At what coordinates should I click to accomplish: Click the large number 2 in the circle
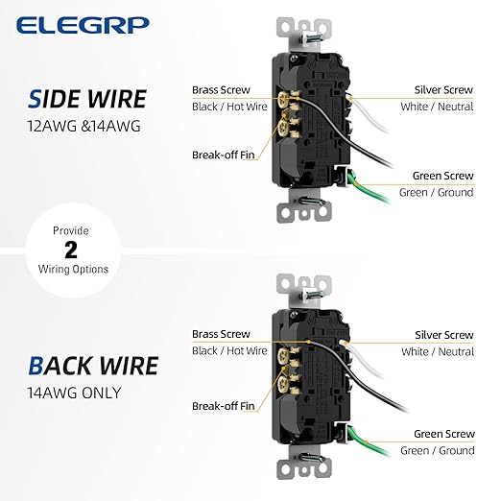tap(70, 250)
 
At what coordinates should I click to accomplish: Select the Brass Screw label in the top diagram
tap(221, 89)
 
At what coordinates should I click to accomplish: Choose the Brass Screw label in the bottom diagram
tap(221, 334)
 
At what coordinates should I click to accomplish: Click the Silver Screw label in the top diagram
tap(443, 89)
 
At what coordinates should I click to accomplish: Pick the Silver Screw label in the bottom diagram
tap(443, 335)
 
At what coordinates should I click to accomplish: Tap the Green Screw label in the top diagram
tap(442, 176)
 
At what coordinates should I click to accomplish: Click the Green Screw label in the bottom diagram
tap(442, 434)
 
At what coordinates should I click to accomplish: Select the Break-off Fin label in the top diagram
tap(224, 154)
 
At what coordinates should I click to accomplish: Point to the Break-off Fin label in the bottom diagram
tap(224, 405)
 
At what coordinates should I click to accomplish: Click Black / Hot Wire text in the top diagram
tap(229, 106)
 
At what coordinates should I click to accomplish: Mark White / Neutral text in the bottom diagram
tap(437, 351)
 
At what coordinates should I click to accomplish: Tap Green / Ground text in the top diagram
tap(437, 192)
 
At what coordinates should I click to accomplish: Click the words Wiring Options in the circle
tap(70, 269)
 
